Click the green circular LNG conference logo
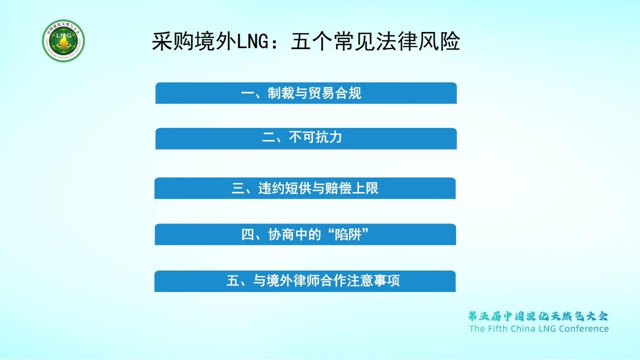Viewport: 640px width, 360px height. point(63,40)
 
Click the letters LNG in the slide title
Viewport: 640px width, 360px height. point(253,41)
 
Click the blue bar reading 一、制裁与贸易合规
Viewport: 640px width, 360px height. point(306,93)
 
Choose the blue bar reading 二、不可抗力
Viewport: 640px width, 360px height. point(306,138)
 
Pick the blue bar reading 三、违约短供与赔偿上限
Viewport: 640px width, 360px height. point(305,188)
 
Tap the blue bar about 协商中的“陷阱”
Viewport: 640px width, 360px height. point(305,234)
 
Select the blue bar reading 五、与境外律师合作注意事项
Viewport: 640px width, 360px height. point(305,281)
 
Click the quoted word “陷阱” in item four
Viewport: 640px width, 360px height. point(347,234)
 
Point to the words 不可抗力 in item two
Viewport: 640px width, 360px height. point(315,137)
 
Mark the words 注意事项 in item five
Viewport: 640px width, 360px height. point(373,280)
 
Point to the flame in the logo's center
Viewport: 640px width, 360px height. point(63,43)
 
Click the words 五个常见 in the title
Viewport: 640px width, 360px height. point(323,41)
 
